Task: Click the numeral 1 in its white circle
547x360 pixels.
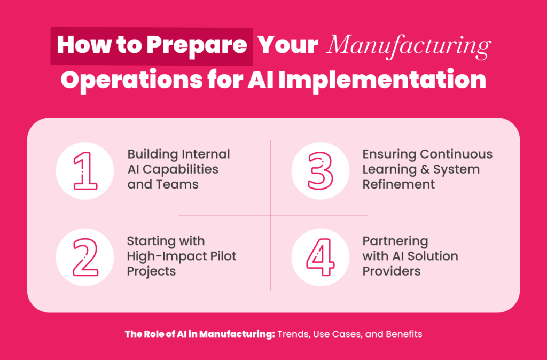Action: click(85, 170)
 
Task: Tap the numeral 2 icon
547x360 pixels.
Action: click(85, 257)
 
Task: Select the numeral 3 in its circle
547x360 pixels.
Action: click(321, 170)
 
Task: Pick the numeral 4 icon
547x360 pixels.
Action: click(321, 257)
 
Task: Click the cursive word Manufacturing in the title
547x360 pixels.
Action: click(409, 47)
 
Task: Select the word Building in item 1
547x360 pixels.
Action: click(151, 154)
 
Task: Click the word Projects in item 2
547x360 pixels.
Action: click(151, 271)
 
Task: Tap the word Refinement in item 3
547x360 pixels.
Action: click(398, 184)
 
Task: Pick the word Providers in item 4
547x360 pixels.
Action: click(392, 271)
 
